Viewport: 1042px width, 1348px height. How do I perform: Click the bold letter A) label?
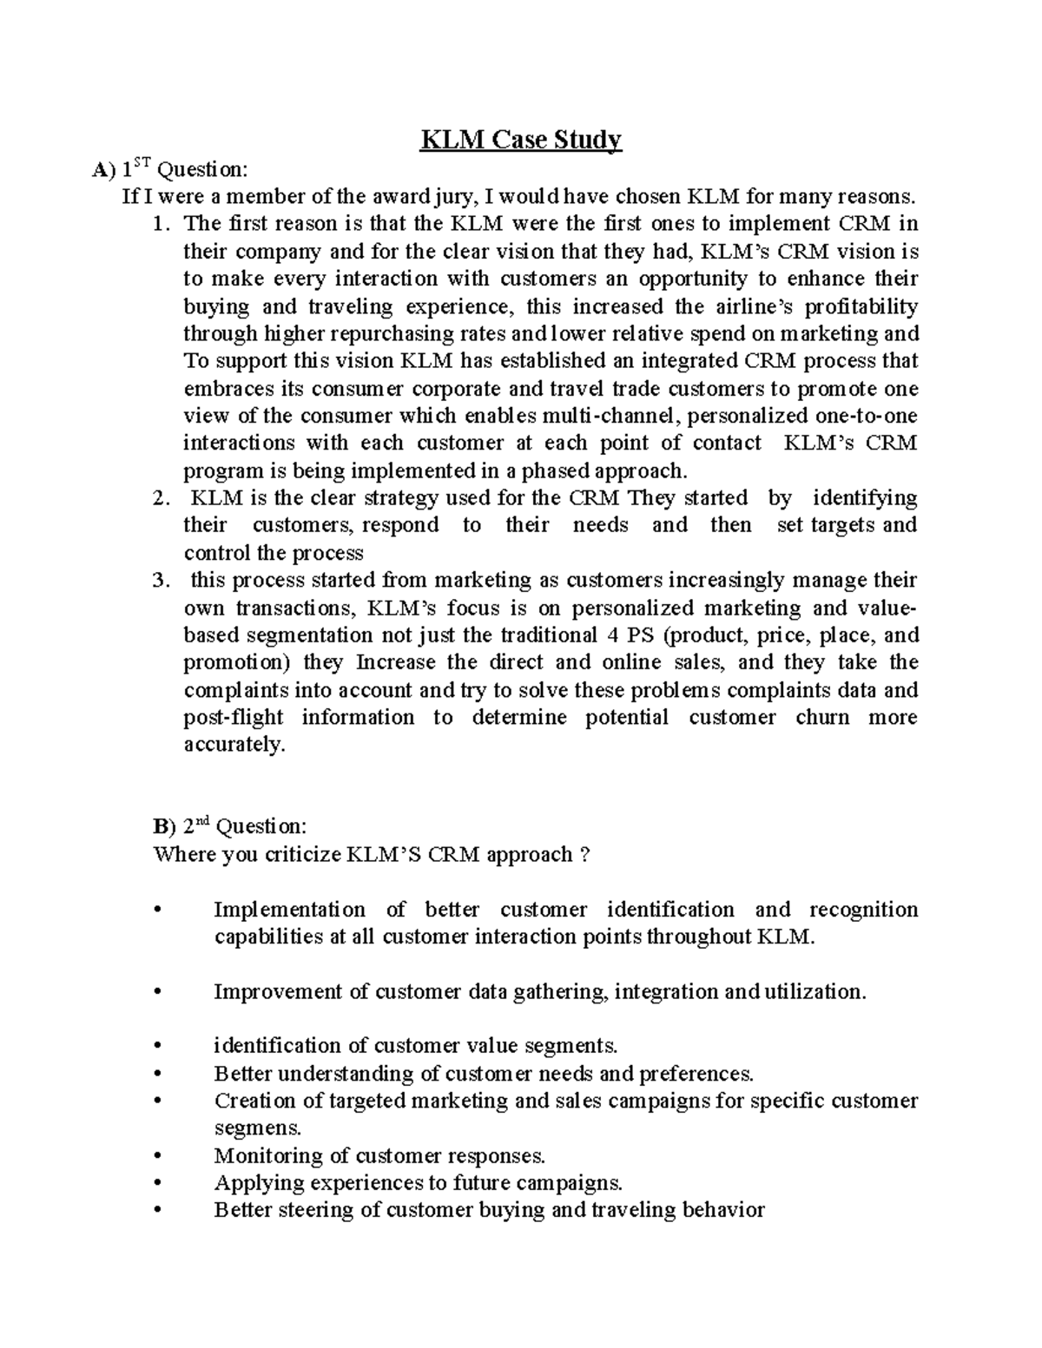pyautogui.click(x=103, y=169)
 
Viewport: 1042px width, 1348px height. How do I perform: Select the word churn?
pyautogui.click(x=822, y=718)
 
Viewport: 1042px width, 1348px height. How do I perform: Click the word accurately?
pyautogui.click(x=234, y=745)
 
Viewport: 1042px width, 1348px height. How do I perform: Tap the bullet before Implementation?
pyautogui.click(x=157, y=910)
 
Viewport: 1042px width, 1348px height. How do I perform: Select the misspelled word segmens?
pyautogui.click(x=258, y=1128)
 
